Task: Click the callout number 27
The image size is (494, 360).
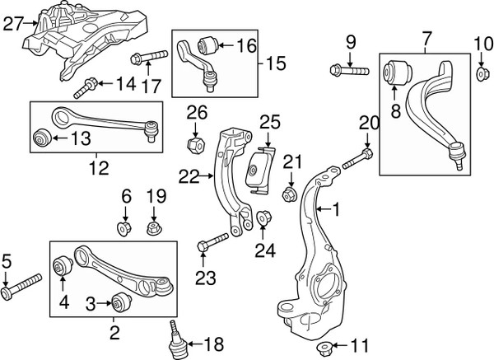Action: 14,26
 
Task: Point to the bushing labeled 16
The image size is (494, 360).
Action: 206,42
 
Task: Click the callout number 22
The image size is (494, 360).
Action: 189,175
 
